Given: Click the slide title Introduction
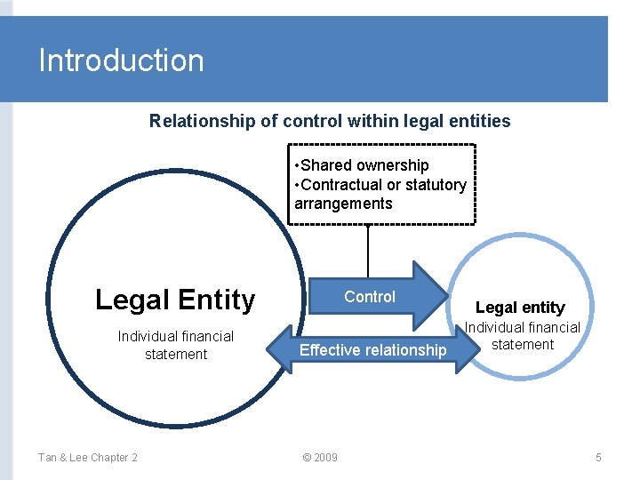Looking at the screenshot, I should pyautogui.click(x=121, y=60).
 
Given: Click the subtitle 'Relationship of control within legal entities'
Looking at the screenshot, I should pyautogui.click(x=330, y=121).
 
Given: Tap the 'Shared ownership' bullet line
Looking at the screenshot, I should pyautogui.click(x=364, y=165).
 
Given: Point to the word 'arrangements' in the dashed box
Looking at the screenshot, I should pyautogui.click(x=343, y=204).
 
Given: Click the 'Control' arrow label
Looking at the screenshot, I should pyautogui.click(x=370, y=297).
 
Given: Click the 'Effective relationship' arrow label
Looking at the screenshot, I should pyautogui.click(x=372, y=350).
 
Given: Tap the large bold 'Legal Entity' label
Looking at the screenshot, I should pyautogui.click(x=175, y=300).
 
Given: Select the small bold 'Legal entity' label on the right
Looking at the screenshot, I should pyautogui.click(x=520, y=308).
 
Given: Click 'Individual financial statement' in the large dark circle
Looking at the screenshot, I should pyautogui.click(x=176, y=345).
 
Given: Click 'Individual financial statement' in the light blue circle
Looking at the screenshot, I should pyautogui.click(x=523, y=336).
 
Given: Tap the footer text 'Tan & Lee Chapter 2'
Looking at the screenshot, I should pyautogui.click(x=87, y=458).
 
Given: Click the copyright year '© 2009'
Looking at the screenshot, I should pyautogui.click(x=320, y=458).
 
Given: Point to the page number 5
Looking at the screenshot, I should pyautogui.click(x=598, y=458).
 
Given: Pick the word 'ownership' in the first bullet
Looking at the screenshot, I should pyautogui.click(x=392, y=165).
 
